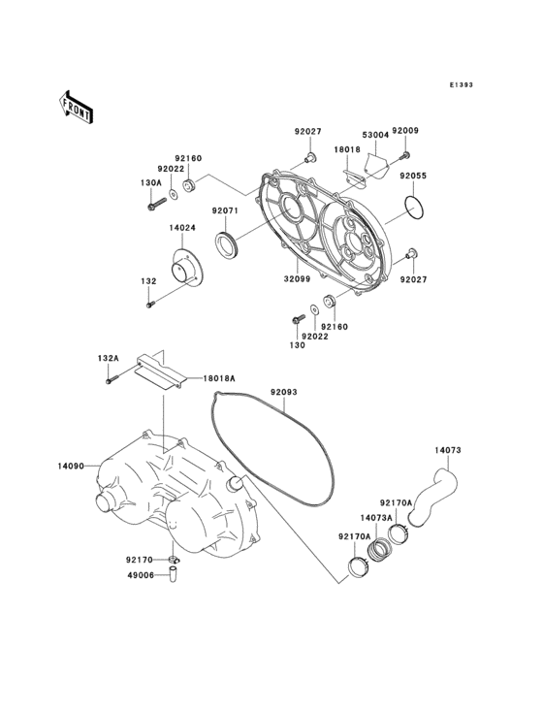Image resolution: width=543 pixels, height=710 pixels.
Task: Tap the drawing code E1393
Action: (461, 85)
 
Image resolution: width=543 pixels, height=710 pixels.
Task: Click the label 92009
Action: (404, 131)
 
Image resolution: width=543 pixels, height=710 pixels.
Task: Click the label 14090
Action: (70, 467)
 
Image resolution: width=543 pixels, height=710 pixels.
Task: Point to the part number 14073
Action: (447, 450)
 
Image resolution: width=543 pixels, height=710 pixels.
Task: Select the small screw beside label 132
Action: (150, 306)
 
